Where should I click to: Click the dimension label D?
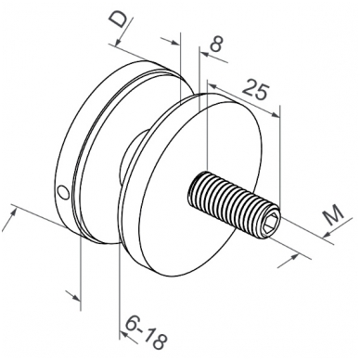tap(119, 20)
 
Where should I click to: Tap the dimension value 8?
tap(216, 44)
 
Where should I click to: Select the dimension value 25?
tap(255, 89)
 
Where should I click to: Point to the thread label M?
tap(332, 214)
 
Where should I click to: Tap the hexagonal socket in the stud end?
tap(272, 223)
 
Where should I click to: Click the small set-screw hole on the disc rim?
tap(64, 193)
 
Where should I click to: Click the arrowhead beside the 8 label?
tap(205, 55)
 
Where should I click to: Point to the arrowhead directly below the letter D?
tap(118, 43)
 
